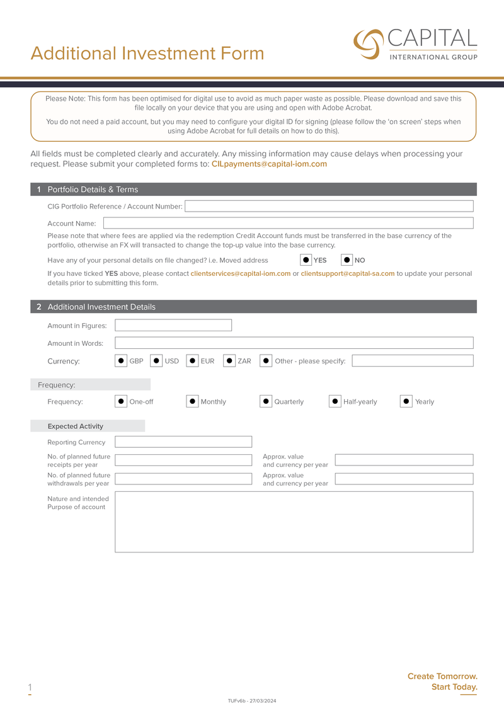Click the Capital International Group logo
click(x=415, y=43)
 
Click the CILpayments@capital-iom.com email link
click(x=269, y=164)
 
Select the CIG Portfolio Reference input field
click(x=328, y=206)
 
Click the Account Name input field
click(x=288, y=223)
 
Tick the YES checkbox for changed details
click(x=306, y=260)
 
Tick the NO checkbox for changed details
click(x=346, y=260)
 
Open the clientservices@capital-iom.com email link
click(x=240, y=273)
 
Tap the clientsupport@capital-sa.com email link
click(x=347, y=273)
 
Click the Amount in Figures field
click(x=173, y=326)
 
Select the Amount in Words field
click(x=294, y=343)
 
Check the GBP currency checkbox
click(x=121, y=361)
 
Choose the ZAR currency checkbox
click(x=229, y=361)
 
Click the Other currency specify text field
click(x=412, y=361)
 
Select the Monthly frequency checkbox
click(x=192, y=401)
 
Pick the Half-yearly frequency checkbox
click(x=335, y=401)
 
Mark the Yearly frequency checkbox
click(x=406, y=401)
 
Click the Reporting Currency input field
click(x=183, y=442)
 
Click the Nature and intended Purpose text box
click(x=294, y=522)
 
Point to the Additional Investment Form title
click(x=147, y=54)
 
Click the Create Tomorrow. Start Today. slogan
click(x=442, y=682)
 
